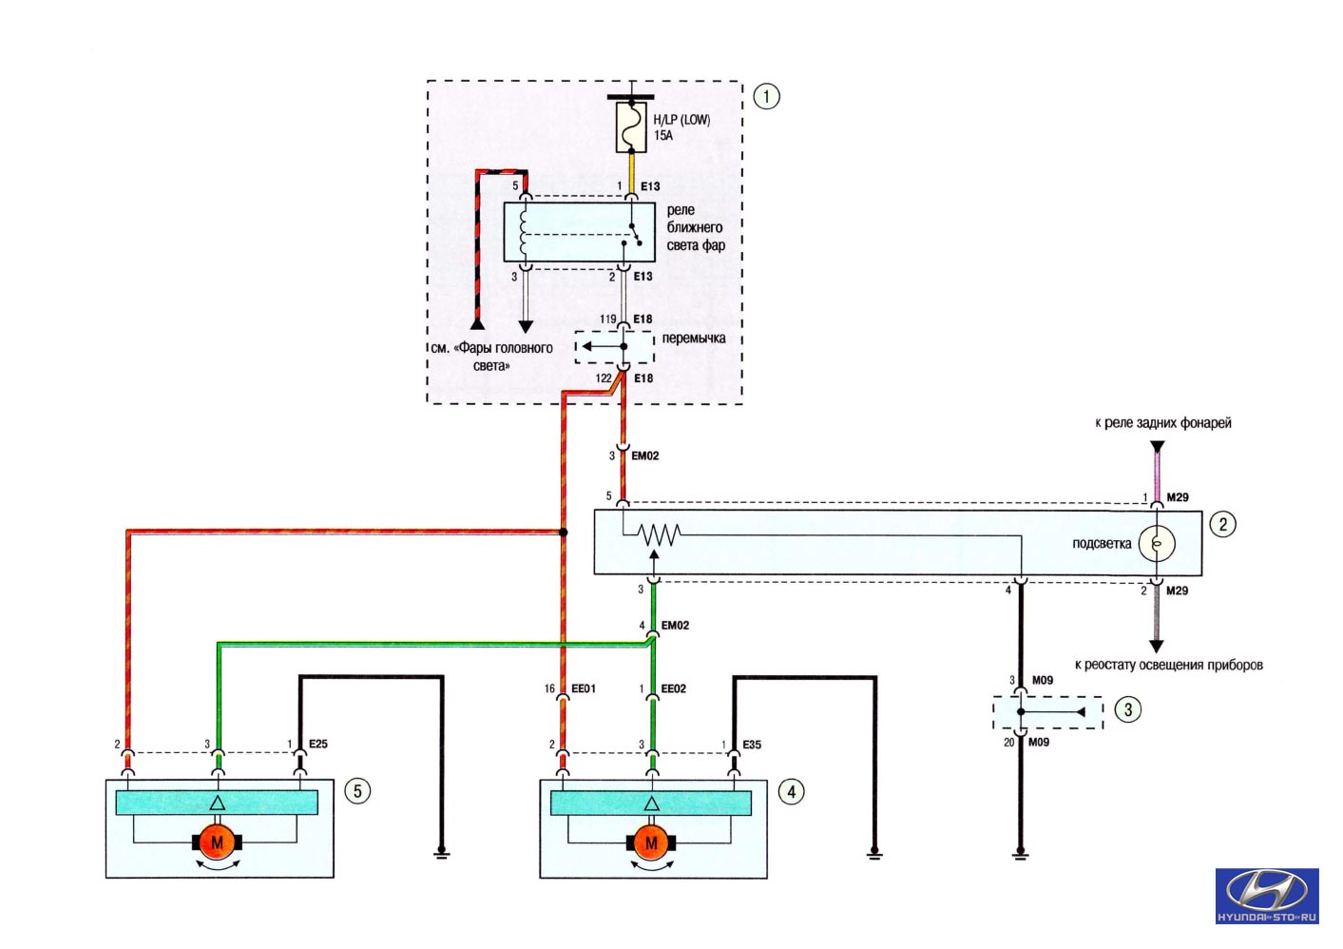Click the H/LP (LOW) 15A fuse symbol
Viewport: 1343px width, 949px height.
pyautogui.click(x=631, y=127)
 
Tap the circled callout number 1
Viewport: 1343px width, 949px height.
pyautogui.click(x=766, y=97)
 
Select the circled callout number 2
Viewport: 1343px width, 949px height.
pyautogui.click(x=1222, y=525)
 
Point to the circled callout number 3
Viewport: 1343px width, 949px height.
pyautogui.click(x=1128, y=709)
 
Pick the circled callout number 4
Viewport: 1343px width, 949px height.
pyautogui.click(x=792, y=792)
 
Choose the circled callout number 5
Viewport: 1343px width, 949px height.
pyautogui.click(x=357, y=791)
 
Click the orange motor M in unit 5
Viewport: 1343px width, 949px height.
pyautogui.click(x=217, y=842)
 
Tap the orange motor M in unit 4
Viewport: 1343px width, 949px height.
pyautogui.click(x=651, y=842)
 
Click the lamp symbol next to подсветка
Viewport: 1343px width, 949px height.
pyautogui.click(x=1157, y=544)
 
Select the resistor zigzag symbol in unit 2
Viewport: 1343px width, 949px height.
pyautogui.click(x=659, y=533)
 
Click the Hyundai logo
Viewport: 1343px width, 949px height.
pyautogui.click(x=1268, y=896)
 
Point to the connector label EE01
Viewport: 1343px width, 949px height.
pyautogui.click(x=584, y=688)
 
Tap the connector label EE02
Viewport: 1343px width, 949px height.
pyautogui.click(x=673, y=688)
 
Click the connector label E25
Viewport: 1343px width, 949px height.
pyautogui.click(x=317, y=744)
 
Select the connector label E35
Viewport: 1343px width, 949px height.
pyautogui.click(x=752, y=745)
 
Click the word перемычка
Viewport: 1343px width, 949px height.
pyautogui.click(x=694, y=339)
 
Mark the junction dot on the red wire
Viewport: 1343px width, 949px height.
pyautogui.click(x=563, y=533)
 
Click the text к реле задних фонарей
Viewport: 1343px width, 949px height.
pyautogui.click(x=1163, y=423)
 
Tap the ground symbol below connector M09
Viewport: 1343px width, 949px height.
pyautogui.click(x=1020, y=855)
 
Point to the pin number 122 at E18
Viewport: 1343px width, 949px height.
pyautogui.click(x=604, y=378)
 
